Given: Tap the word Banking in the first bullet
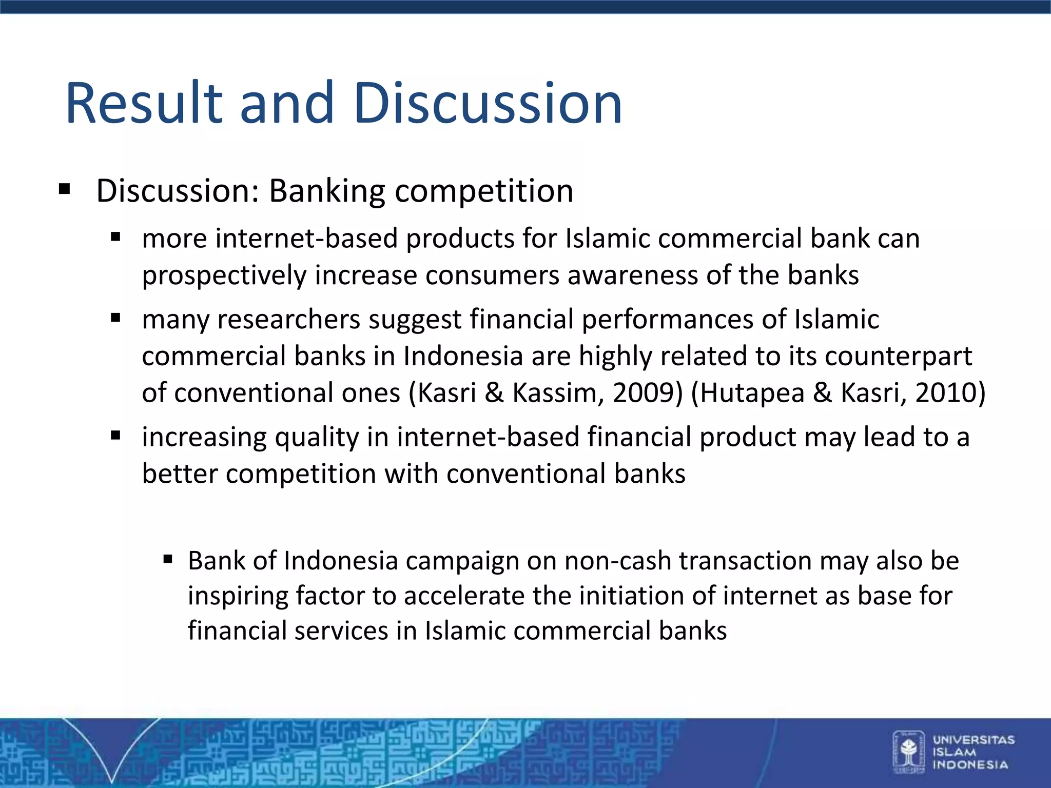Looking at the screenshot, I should [327, 191].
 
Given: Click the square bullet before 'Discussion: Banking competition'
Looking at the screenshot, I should [64, 189].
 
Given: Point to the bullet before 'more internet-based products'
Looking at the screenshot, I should [115, 237].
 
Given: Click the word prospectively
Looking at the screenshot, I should [224, 276].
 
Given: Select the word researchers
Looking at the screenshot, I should [288, 320].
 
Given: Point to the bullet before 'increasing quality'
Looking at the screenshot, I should [115, 436].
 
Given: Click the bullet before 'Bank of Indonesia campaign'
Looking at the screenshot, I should [168, 559].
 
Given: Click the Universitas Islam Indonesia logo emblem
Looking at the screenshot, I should [909, 752].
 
